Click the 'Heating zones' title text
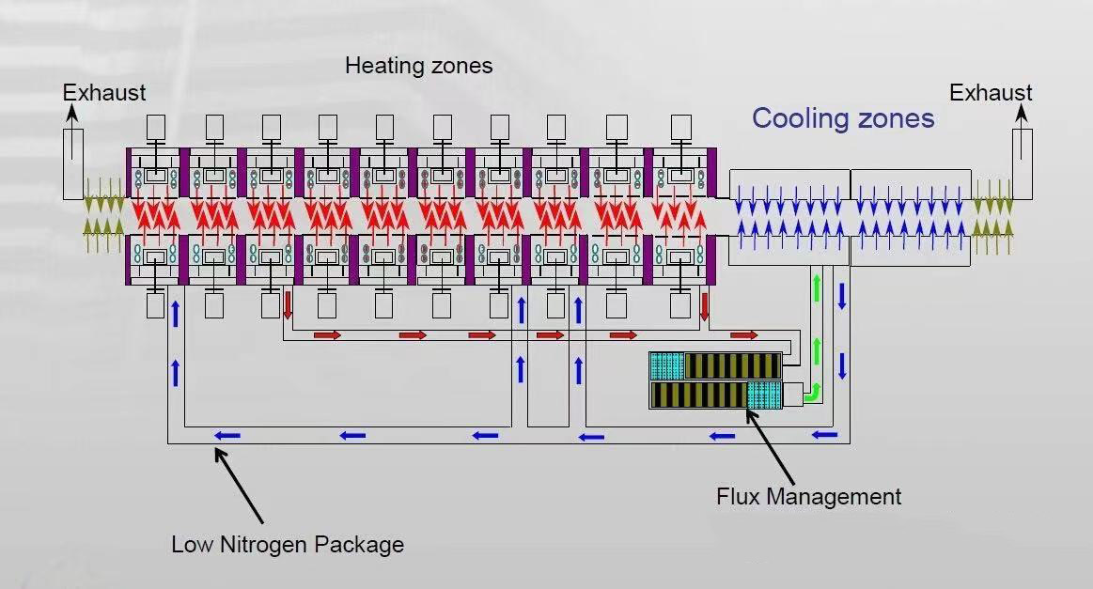pyautogui.click(x=418, y=66)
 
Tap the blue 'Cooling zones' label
pyautogui.click(x=843, y=118)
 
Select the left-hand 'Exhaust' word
pyautogui.click(x=104, y=93)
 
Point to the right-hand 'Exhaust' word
pyautogui.click(x=991, y=93)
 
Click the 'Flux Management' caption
pyautogui.click(x=808, y=497)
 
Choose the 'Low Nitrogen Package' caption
pyautogui.click(x=288, y=544)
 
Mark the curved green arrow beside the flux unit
pyautogui.click(x=812, y=393)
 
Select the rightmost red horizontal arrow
pyautogui.click(x=744, y=335)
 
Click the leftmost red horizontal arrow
pyautogui.click(x=326, y=335)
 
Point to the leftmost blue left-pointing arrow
pyautogui.click(x=226, y=435)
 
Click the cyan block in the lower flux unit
pyautogui.click(x=763, y=395)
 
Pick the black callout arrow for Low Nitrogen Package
pyautogui.click(x=240, y=484)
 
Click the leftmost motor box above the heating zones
pyautogui.click(x=157, y=126)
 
